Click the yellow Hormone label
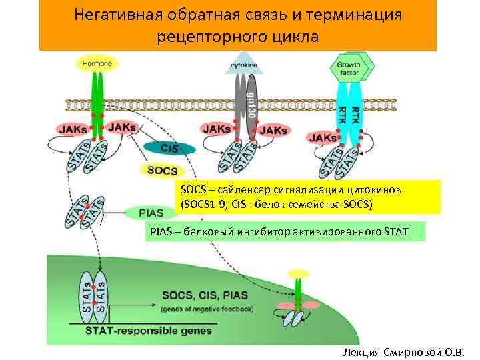[98, 63]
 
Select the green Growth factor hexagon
[353, 67]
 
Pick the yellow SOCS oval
[161, 171]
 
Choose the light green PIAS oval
[151, 213]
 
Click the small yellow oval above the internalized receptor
[299, 273]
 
